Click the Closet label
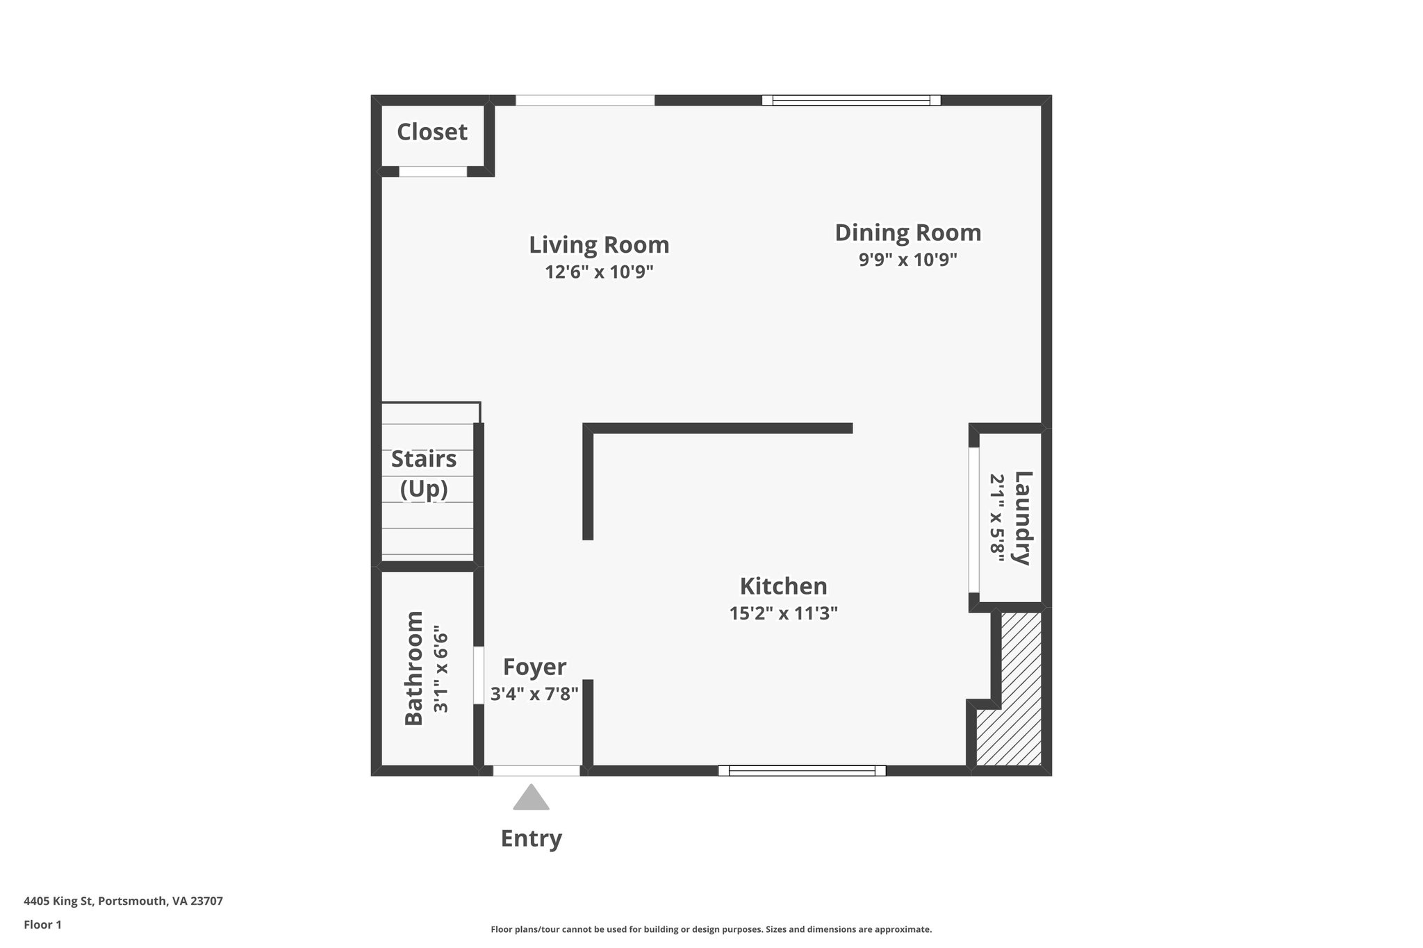(431, 132)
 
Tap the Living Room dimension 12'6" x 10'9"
(599, 272)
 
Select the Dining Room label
(907, 233)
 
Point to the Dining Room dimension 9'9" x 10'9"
(907, 260)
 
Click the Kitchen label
(783, 586)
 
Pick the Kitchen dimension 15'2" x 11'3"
(783, 613)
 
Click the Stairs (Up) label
(424, 474)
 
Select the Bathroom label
(414, 668)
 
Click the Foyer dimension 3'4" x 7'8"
(534, 694)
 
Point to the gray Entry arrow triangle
(532, 799)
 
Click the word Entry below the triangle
(532, 838)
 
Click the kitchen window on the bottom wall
(802, 770)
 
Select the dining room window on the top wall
(851, 100)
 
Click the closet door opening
(433, 172)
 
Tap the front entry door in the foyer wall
(536, 770)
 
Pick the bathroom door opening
(479, 675)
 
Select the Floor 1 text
(42, 924)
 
